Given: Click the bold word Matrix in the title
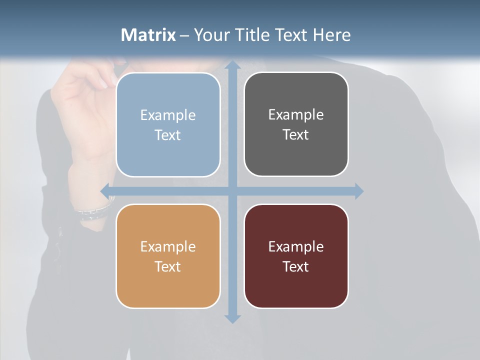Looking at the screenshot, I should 148,35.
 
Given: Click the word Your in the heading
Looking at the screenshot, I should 209,35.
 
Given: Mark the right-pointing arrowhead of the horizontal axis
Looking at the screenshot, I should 358,191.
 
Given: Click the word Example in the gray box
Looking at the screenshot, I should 296,114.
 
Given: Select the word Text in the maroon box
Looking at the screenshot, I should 296,266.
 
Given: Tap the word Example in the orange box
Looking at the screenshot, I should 168,246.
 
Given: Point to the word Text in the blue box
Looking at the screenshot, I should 168,135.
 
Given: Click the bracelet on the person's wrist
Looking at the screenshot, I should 92,212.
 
